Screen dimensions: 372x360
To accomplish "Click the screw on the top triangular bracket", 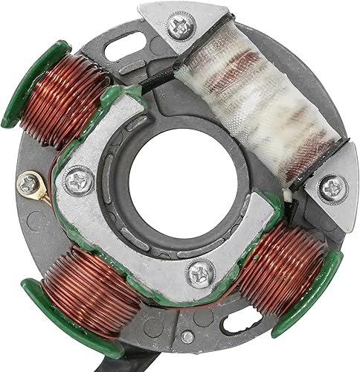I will [x=179, y=26].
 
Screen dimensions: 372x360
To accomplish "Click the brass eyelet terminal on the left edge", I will [x=30, y=182].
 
